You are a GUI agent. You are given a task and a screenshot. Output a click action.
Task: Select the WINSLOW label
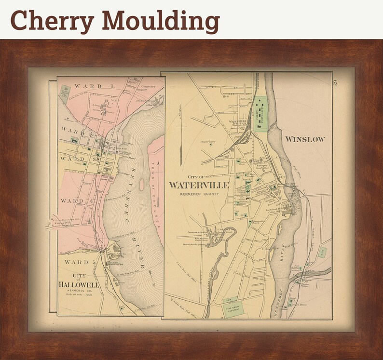(x=305, y=140)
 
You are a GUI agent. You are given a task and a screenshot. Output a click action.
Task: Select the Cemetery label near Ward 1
(x=148, y=87)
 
